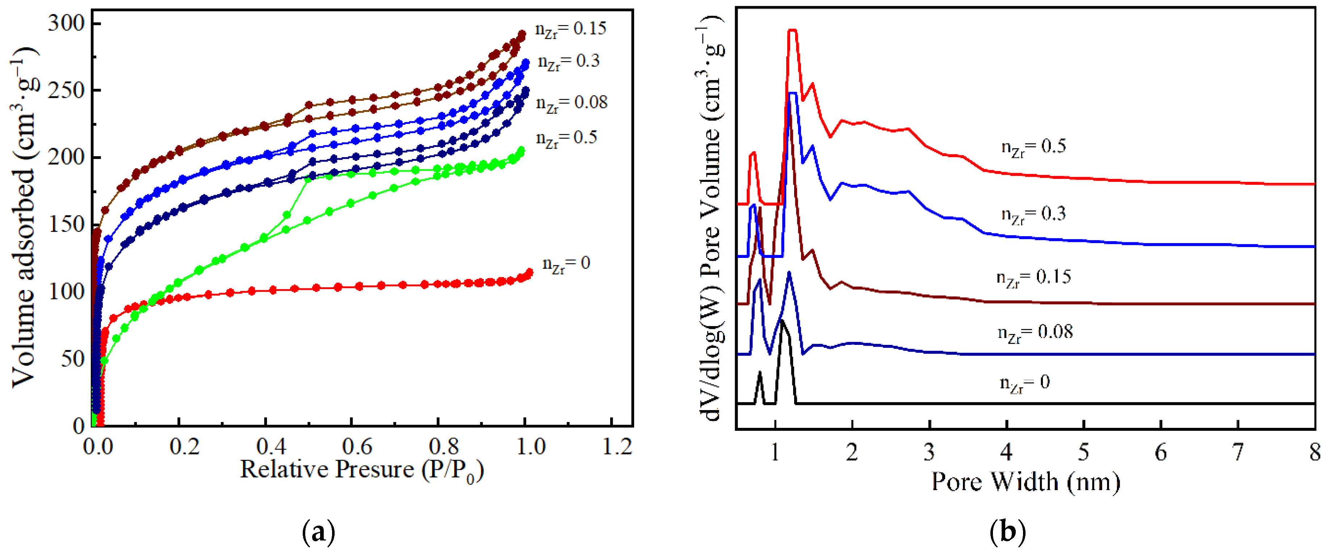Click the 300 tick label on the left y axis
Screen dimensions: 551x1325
[x=66, y=24]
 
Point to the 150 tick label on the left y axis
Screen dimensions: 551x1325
[x=66, y=225]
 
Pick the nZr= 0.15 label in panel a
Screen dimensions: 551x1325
[x=570, y=29]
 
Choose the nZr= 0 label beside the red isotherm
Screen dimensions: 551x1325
[x=566, y=264]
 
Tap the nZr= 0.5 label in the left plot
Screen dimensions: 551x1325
[x=566, y=138]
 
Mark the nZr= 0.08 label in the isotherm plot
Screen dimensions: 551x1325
[x=571, y=103]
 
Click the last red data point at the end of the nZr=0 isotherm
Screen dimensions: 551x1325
[x=529, y=272]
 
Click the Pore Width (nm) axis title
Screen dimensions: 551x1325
[x=1026, y=482]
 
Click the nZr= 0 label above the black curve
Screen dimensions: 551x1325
[x=1024, y=383]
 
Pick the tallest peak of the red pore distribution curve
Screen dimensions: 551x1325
[x=792, y=31]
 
